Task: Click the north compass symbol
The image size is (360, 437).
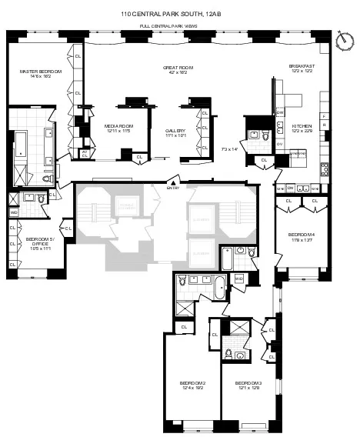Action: tap(342, 38)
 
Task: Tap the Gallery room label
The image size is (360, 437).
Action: tap(175, 133)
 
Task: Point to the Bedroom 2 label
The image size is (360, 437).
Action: tap(192, 386)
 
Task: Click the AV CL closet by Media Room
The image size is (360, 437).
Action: tap(85, 154)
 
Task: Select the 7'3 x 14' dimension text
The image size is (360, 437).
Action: tap(229, 148)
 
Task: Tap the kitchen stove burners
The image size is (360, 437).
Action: tap(325, 168)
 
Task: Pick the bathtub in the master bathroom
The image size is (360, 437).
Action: tap(20, 145)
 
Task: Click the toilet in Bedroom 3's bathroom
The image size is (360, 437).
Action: tap(241, 355)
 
